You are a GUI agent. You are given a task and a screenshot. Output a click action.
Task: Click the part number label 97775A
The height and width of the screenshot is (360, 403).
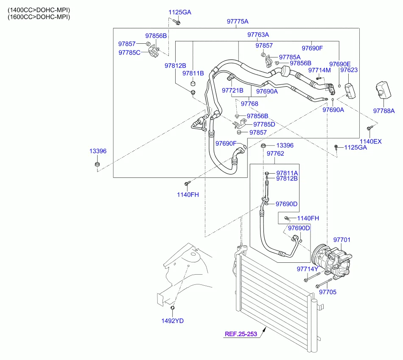point(238,21)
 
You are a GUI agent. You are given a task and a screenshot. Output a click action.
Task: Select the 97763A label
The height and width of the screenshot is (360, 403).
point(258,34)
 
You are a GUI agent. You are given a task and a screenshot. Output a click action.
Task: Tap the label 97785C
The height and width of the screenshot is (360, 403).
point(129,52)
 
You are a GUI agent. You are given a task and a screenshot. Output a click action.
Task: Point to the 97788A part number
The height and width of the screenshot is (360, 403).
point(384,111)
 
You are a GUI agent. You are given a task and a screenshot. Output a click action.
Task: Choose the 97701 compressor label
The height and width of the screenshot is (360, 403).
point(342,240)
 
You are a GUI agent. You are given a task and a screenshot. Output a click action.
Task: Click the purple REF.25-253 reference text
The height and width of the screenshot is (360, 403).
point(241,334)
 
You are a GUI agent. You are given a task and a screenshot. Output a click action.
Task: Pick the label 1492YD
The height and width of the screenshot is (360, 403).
point(172,321)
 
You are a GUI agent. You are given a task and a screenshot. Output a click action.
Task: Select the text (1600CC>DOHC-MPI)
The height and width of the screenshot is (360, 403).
point(39,17)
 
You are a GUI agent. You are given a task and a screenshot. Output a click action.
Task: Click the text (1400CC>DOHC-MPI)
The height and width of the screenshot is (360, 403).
point(39,9)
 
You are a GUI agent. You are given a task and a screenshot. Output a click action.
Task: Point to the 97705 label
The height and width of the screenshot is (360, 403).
point(327,292)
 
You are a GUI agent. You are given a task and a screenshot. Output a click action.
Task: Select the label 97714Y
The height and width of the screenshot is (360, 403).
point(308,269)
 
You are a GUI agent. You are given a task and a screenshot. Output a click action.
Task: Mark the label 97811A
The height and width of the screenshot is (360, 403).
point(287,173)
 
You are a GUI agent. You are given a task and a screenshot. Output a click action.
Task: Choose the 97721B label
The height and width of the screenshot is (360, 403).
point(233,90)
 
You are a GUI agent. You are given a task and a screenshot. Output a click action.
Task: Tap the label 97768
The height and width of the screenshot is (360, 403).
point(249,104)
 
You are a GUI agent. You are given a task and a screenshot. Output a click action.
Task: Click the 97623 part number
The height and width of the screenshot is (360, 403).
point(349,70)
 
